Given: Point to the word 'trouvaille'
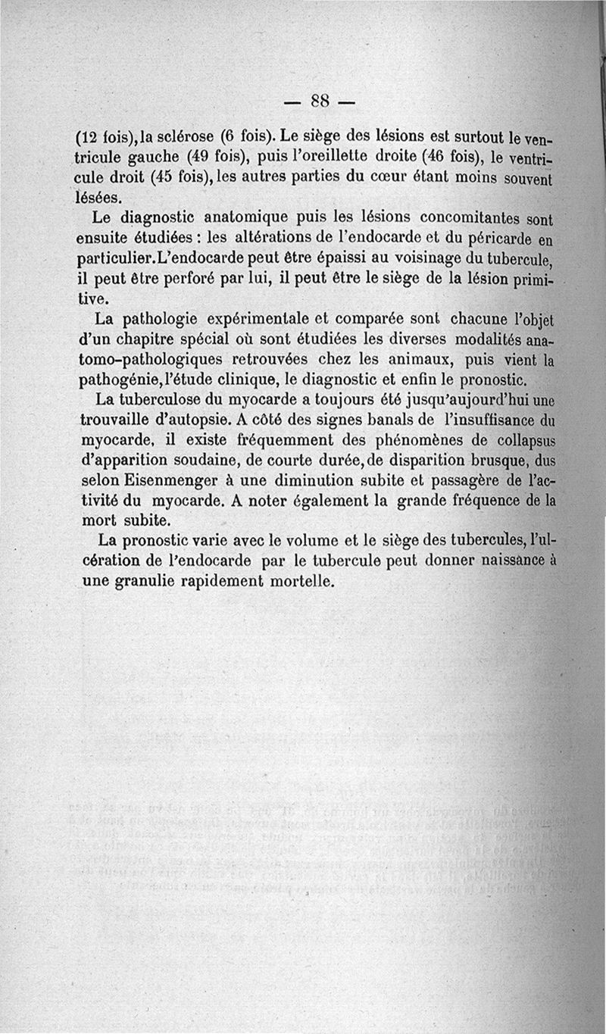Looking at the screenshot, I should (122, 420).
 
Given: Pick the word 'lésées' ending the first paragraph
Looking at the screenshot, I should (100, 198).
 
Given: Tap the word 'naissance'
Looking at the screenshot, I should (513, 562).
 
